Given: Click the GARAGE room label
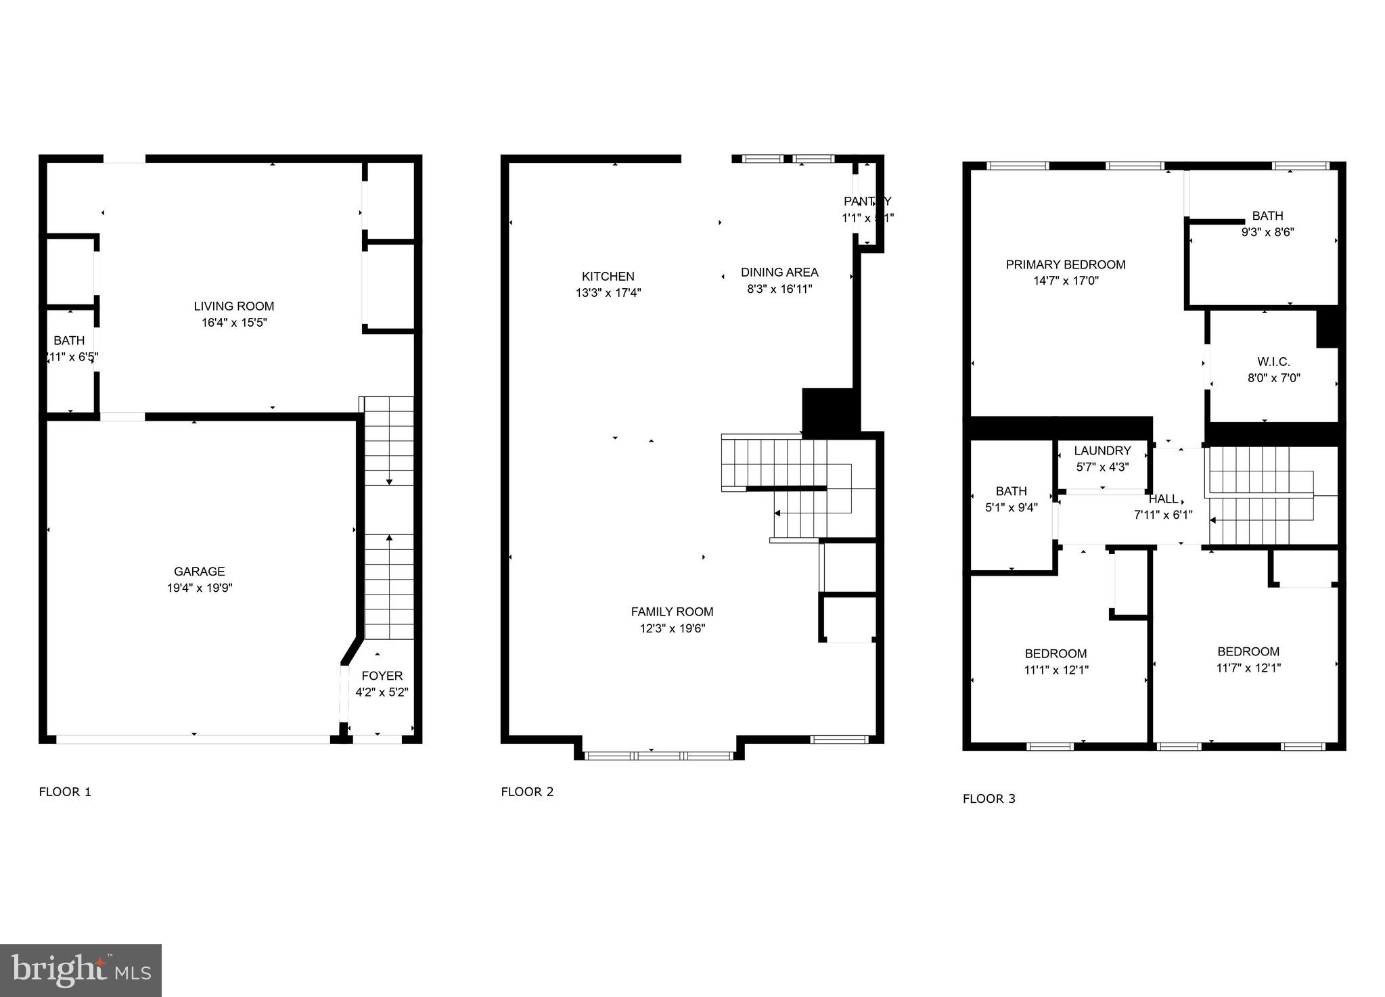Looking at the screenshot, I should click(199, 572).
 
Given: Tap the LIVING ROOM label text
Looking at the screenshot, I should click(234, 306).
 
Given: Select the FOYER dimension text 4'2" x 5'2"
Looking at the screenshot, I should click(382, 692).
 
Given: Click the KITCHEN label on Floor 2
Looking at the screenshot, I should click(608, 276).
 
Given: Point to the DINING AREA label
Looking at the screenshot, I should click(779, 272).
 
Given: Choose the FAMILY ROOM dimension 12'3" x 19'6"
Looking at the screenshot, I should click(672, 628).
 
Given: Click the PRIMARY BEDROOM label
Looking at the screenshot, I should click(1065, 264).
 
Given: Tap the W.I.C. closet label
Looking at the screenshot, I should click(1273, 362).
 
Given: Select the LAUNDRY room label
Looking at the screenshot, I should click(1102, 450).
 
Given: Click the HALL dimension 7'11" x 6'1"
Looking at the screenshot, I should click(1163, 515).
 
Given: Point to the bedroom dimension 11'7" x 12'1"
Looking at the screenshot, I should click(1248, 668).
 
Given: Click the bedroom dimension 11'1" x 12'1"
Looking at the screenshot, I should click(1055, 670).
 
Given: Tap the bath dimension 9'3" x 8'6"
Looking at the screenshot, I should click(1267, 232).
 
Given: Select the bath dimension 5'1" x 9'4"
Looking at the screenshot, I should click(1011, 507).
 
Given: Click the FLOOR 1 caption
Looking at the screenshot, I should click(65, 792).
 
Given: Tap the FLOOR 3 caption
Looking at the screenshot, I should click(989, 799).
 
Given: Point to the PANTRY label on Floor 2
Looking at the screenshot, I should click(867, 201).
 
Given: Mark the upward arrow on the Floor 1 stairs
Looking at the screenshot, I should click(389, 538).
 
